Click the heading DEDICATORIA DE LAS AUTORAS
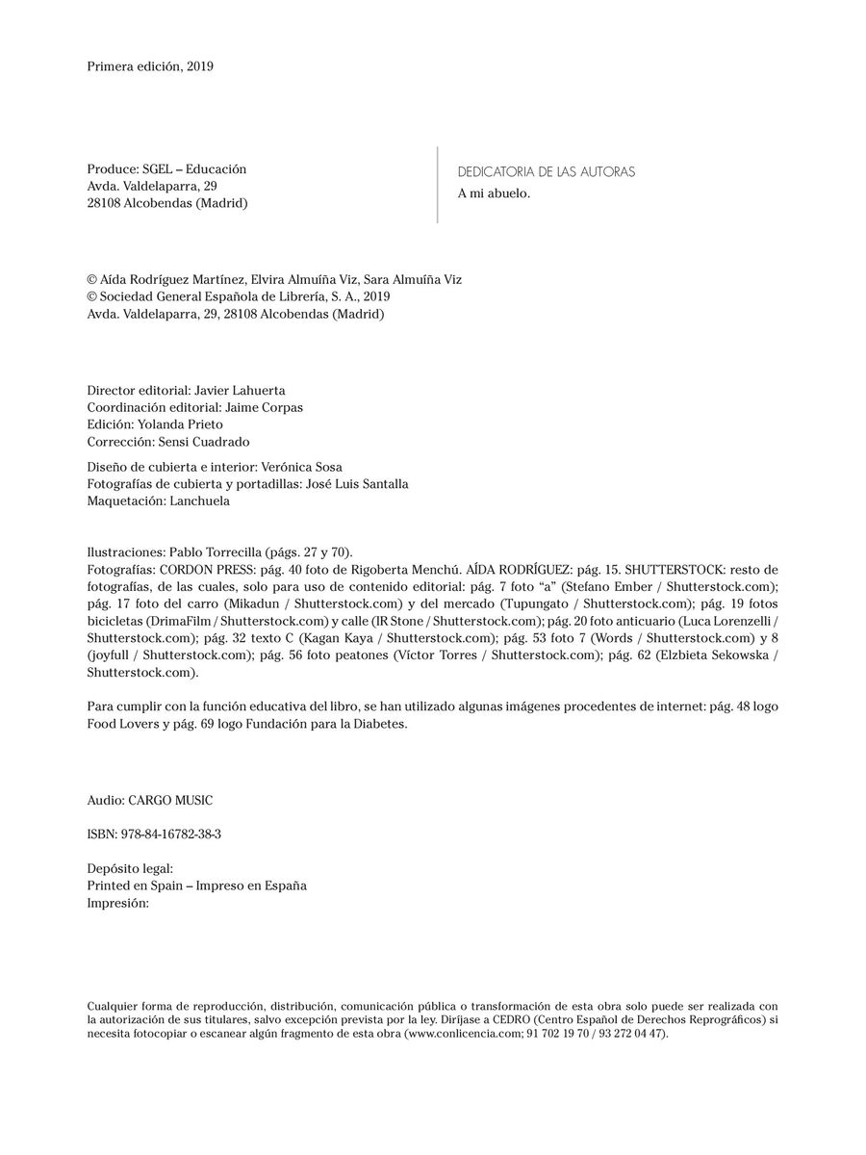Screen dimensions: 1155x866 click(x=546, y=172)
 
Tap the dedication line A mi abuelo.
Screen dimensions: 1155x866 click(x=494, y=193)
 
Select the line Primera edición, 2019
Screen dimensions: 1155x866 click(x=149, y=66)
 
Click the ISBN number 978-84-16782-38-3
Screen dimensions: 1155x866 click(x=172, y=834)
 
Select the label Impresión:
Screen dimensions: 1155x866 click(x=117, y=904)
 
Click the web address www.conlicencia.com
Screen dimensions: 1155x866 click(x=463, y=1033)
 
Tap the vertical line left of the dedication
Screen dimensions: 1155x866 click(x=438, y=185)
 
